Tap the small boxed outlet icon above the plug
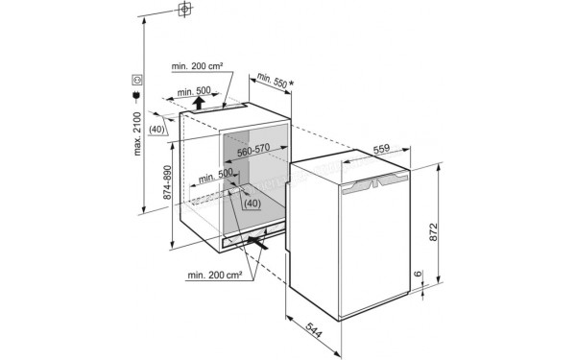pyautogui.click(x=136, y=80)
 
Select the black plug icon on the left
pyautogui.click(x=136, y=96)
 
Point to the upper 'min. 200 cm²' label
pyautogui.click(x=198, y=66)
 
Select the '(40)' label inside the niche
pyautogui.click(x=251, y=204)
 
